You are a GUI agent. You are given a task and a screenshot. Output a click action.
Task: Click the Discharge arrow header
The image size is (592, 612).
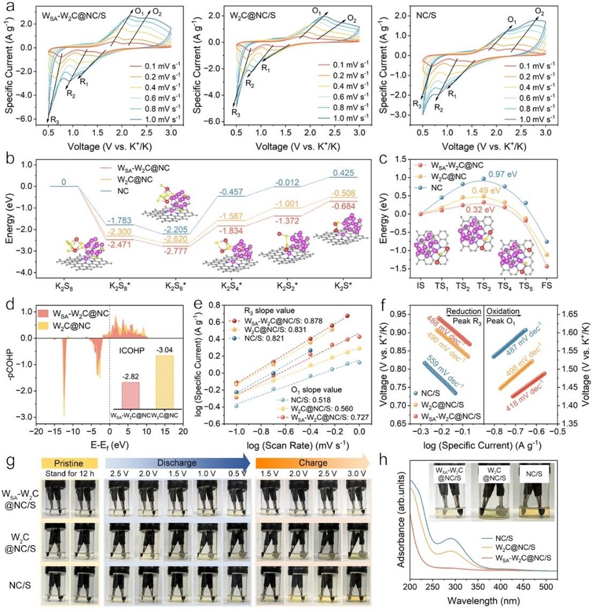click(x=177, y=463)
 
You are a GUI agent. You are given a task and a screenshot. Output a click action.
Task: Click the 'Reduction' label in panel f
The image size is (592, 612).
click(x=464, y=311)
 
